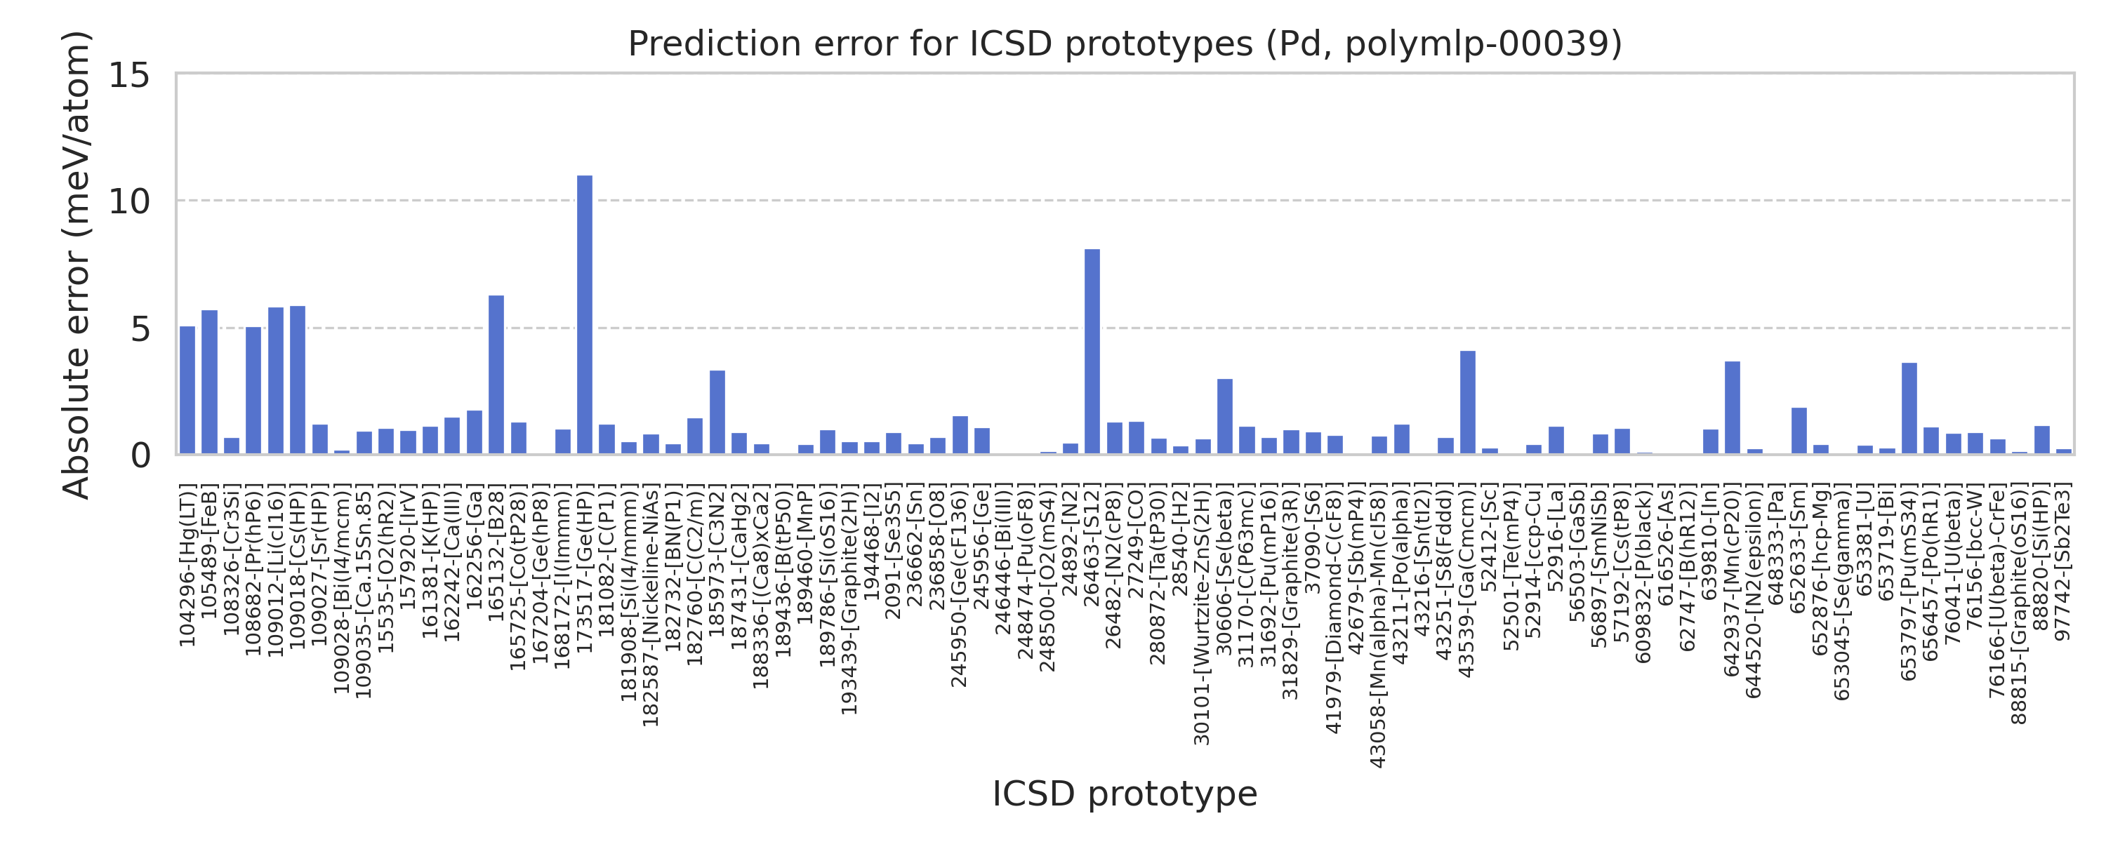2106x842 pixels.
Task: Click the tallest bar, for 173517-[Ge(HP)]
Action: (x=585, y=315)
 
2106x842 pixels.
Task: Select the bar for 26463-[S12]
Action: (x=1092, y=352)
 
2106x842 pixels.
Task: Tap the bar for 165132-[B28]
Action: (x=496, y=375)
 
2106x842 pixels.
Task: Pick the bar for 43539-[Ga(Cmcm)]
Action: (x=1467, y=402)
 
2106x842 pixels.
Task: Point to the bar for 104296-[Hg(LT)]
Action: (x=187, y=390)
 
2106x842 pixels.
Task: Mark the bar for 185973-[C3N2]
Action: (x=717, y=412)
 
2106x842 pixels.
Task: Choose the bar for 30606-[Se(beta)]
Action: (x=1225, y=416)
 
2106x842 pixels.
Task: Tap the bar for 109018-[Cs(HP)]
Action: (x=298, y=380)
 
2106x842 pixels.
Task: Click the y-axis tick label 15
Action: (x=129, y=76)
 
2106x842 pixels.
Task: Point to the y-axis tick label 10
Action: (x=129, y=202)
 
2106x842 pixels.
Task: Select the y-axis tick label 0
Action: (x=140, y=455)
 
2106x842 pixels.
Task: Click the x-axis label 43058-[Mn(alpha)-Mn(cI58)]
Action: (x=1379, y=625)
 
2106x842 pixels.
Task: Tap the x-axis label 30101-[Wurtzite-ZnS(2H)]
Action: (x=1202, y=614)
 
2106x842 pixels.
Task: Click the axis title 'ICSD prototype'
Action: (x=1125, y=794)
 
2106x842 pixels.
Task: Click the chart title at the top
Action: (x=1125, y=44)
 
